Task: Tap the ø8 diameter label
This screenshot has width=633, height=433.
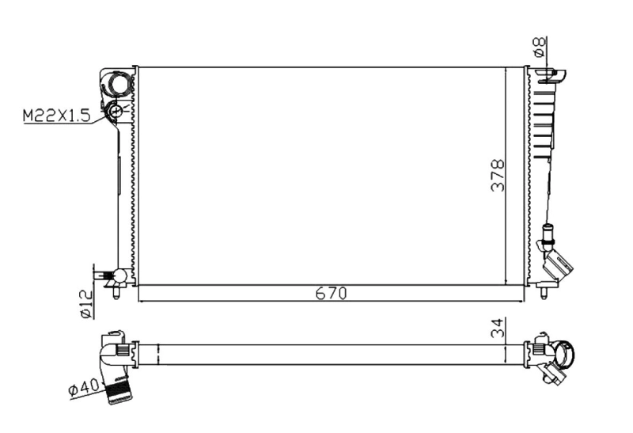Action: click(x=539, y=47)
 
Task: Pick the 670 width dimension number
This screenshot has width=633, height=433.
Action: click(x=332, y=294)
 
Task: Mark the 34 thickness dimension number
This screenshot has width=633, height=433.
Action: click(x=496, y=327)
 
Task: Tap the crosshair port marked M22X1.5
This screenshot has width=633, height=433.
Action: click(x=116, y=112)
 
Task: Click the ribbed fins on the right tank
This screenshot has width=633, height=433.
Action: click(x=544, y=119)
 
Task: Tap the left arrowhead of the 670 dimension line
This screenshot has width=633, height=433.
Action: click(x=142, y=301)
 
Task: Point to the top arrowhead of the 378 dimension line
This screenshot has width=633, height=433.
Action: click(x=506, y=70)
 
